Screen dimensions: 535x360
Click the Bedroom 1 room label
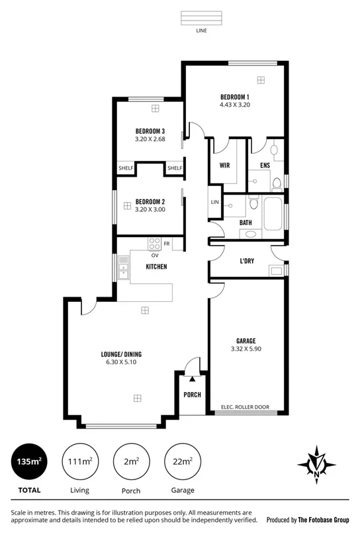235,97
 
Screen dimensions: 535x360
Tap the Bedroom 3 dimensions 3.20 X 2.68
149,139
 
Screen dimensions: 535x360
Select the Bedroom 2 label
150,201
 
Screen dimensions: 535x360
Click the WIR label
224,166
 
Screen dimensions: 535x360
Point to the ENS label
265,166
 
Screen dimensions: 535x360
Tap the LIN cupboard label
214,202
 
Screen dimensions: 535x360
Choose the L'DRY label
247,261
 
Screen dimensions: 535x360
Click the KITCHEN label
156,267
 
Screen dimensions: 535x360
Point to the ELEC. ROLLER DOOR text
244,407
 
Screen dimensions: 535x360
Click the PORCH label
192,395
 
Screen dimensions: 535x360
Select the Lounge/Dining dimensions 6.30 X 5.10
121,362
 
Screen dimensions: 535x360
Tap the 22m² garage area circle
183,462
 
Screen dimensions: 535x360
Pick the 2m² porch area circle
131,462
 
